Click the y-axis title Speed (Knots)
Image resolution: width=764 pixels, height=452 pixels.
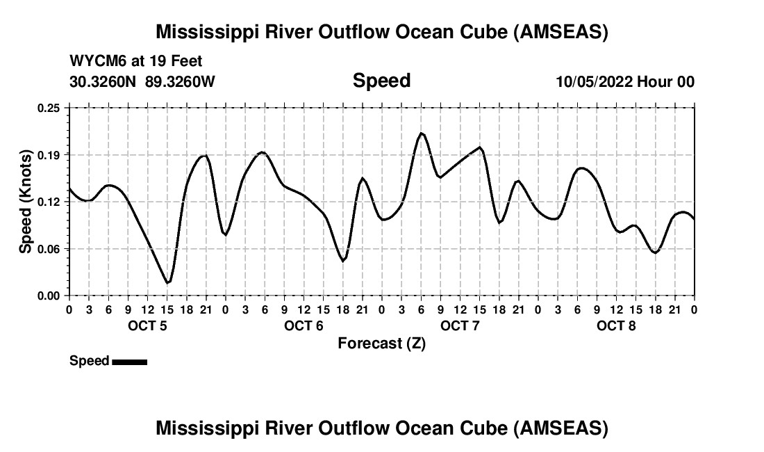pyautogui.click(x=26, y=202)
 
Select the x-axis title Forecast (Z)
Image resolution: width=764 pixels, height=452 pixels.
pyautogui.click(x=381, y=343)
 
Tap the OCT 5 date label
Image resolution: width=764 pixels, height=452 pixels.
pyautogui.click(x=147, y=325)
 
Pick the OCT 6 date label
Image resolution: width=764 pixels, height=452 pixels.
pyautogui.click(x=304, y=325)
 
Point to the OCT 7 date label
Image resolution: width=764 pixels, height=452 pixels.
pyautogui.click(x=460, y=325)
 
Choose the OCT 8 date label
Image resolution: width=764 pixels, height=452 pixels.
pyautogui.click(x=616, y=325)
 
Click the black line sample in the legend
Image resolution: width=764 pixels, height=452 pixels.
pyautogui.click(x=129, y=362)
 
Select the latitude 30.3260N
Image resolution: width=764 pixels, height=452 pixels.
pyautogui.click(x=103, y=81)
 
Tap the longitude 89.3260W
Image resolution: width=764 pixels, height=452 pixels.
pyautogui.click(x=180, y=81)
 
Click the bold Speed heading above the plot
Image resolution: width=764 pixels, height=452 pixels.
pyautogui.click(x=381, y=81)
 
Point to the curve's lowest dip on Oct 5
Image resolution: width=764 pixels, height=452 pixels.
pyautogui.click(x=167, y=282)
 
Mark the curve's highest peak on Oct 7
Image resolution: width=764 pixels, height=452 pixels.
pyautogui.click(x=421, y=133)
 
